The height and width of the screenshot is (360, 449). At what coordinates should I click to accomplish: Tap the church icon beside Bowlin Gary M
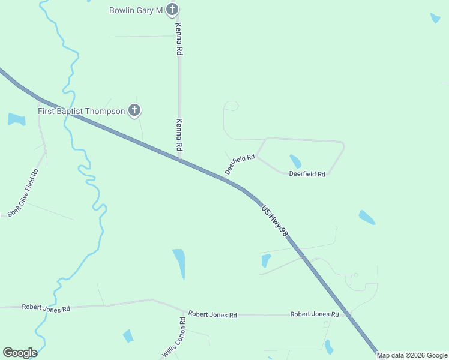172,9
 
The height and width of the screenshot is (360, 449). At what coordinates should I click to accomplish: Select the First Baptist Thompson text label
81,111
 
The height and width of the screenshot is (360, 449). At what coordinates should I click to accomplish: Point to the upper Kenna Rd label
178,40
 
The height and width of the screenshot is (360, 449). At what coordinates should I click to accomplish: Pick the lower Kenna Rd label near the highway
179,134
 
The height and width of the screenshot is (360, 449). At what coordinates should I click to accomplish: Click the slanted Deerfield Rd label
240,164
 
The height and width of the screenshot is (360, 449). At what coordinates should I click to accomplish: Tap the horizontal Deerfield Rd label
307,174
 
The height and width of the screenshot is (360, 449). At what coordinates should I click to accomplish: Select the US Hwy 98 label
275,221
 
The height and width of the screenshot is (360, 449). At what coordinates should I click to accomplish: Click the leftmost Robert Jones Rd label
46,308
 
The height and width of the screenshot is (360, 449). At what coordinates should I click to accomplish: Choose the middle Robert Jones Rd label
212,314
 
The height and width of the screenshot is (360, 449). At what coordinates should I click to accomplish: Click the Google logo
20,353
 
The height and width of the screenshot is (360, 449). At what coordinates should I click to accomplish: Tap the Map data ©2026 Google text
412,355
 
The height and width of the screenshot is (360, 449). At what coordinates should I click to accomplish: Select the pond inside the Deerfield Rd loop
295,161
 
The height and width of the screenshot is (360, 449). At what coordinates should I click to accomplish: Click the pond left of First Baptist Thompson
16,119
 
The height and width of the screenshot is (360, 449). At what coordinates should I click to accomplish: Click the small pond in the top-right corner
435,18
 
